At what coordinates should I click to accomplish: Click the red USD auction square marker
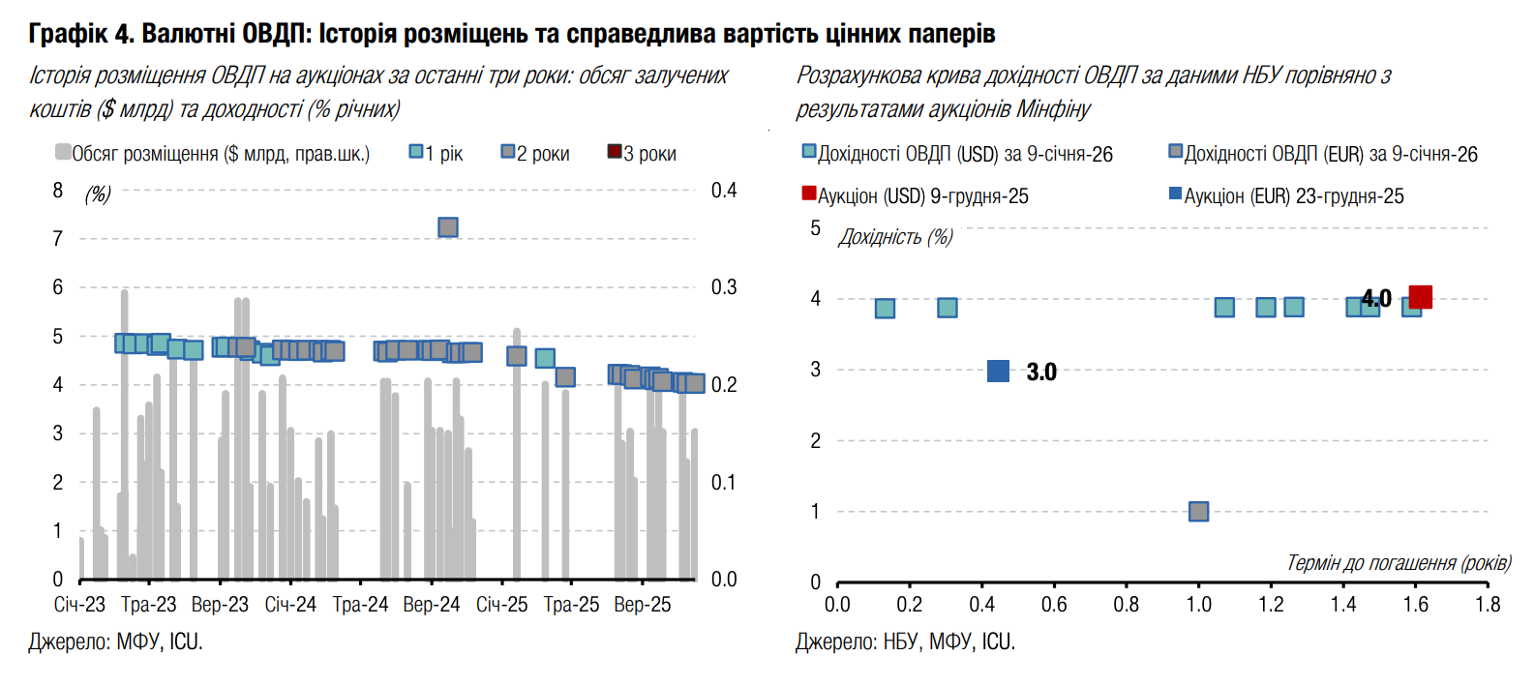pos(1420,297)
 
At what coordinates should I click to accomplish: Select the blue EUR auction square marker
pos(998,371)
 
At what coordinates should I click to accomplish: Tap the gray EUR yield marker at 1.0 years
pos(1198,511)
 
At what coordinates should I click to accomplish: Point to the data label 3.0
pos(1041,372)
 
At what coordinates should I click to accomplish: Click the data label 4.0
pos(1377,299)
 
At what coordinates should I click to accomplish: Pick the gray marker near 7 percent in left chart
pos(447,227)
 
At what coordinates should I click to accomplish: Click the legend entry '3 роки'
pos(642,153)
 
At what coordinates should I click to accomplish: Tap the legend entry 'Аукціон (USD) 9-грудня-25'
pos(915,195)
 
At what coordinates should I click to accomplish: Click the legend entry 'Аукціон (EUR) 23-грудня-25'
pos(1286,195)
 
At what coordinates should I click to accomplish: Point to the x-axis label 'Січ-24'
pos(290,605)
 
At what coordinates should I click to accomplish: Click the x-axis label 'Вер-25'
pos(643,605)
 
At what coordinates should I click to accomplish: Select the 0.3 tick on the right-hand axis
pos(724,287)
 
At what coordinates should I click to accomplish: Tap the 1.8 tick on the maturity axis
pos(1488,605)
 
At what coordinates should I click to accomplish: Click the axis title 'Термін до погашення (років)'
pos(1398,562)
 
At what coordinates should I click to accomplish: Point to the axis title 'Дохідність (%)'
pos(895,237)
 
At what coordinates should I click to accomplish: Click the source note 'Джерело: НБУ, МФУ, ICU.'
pos(905,641)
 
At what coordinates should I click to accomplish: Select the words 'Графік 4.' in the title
pos(81,34)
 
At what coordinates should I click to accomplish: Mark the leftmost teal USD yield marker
pos(885,309)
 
